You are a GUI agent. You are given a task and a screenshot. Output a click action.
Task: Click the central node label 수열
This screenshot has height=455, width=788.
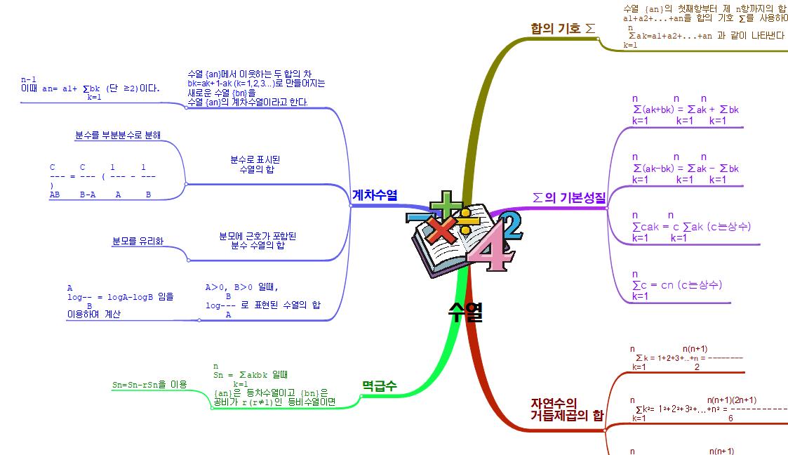[x=465, y=312]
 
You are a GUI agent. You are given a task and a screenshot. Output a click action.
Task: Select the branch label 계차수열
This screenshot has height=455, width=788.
[x=375, y=194]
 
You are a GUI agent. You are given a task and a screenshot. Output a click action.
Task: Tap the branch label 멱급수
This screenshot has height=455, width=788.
[x=379, y=385]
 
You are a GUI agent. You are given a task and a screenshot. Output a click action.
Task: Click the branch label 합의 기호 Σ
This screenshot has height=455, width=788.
[x=563, y=29]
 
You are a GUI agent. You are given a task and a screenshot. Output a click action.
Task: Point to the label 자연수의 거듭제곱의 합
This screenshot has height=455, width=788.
[x=566, y=409]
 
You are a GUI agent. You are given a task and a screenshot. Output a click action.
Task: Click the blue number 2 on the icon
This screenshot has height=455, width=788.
[x=511, y=224]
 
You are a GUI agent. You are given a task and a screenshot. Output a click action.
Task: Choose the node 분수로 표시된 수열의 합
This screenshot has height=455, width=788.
[x=255, y=165]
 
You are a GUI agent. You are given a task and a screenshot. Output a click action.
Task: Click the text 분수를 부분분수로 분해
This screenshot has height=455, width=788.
[x=118, y=135]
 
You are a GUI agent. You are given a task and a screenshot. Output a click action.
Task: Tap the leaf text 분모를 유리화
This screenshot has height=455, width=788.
[x=138, y=242]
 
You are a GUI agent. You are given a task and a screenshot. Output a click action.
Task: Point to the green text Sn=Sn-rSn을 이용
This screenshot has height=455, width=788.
[x=149, y=385]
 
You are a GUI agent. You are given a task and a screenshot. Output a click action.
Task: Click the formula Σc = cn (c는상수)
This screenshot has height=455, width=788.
[x=676, y=285]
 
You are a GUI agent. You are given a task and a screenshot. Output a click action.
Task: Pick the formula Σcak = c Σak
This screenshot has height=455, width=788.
[x=691, y=226]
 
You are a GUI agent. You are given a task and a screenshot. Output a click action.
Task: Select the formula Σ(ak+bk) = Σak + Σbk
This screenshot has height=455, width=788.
[x=686, y=110]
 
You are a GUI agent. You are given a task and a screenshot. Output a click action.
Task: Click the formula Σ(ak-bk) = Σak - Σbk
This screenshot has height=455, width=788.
[x=686, y=169]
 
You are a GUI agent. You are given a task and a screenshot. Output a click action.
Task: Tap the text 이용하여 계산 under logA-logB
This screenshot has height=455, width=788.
[x=93, y=315]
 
